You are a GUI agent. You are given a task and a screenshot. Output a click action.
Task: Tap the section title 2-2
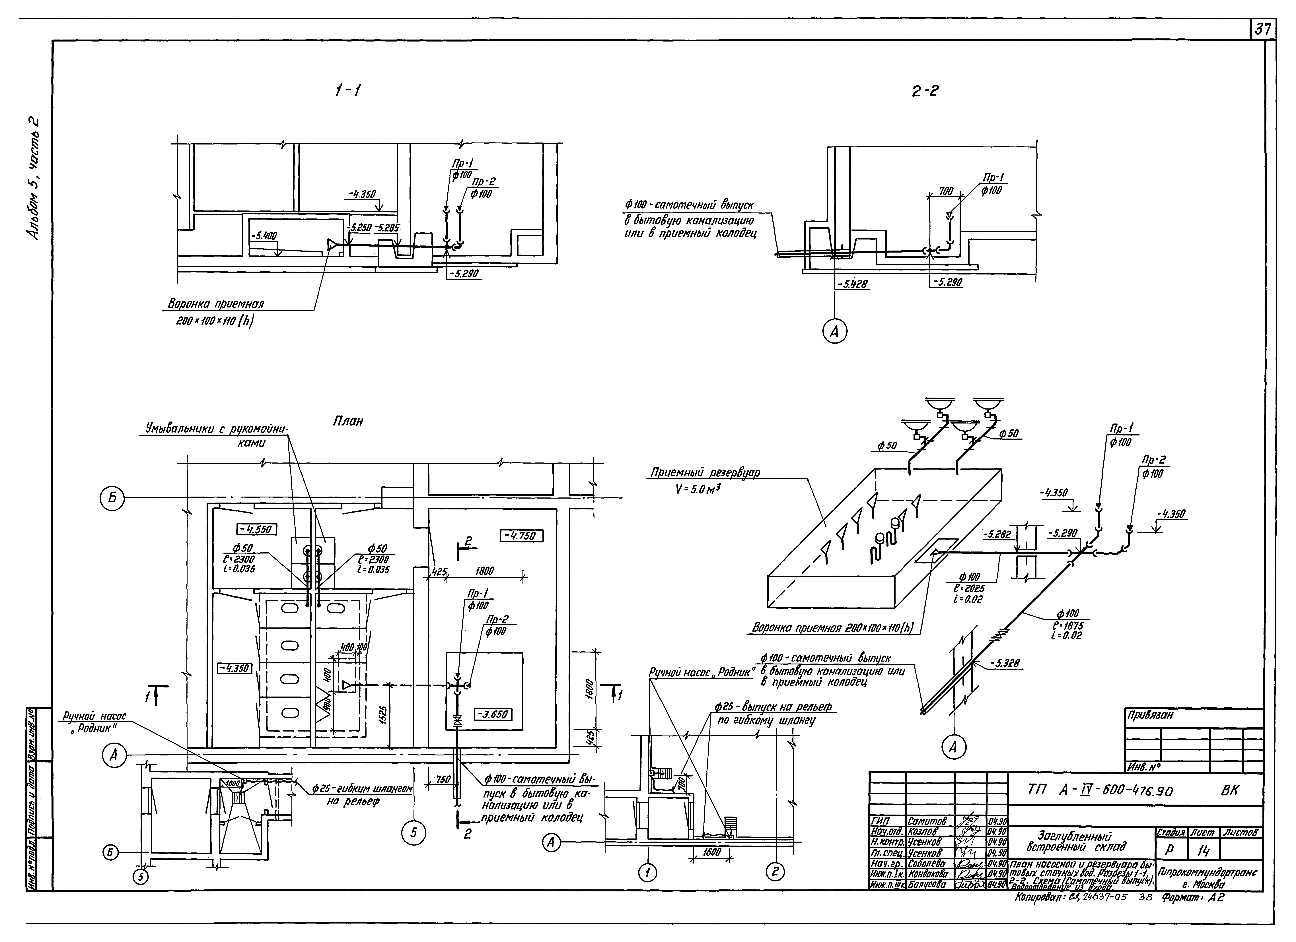point(924,90)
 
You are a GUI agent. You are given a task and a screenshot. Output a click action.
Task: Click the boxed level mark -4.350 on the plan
point(234,667)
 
